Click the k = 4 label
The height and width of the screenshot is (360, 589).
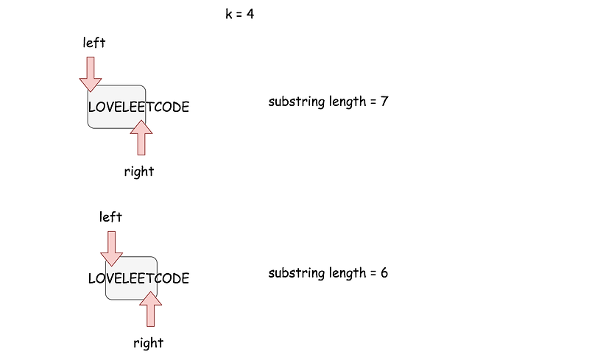239,14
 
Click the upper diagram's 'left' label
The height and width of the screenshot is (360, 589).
94,43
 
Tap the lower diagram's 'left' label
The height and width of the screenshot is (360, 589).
110,216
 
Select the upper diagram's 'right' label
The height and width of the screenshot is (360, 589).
139,172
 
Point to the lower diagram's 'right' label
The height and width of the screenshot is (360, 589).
148,342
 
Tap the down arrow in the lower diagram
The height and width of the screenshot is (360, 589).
111,248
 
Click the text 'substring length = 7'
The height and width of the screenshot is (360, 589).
328,102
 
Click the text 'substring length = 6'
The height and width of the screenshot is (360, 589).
328,273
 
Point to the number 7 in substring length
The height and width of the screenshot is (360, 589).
384,102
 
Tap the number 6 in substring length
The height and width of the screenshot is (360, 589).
384,273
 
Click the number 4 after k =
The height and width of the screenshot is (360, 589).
250,14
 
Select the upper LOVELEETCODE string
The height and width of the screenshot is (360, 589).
138,107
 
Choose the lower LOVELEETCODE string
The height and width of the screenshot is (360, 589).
138,278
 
